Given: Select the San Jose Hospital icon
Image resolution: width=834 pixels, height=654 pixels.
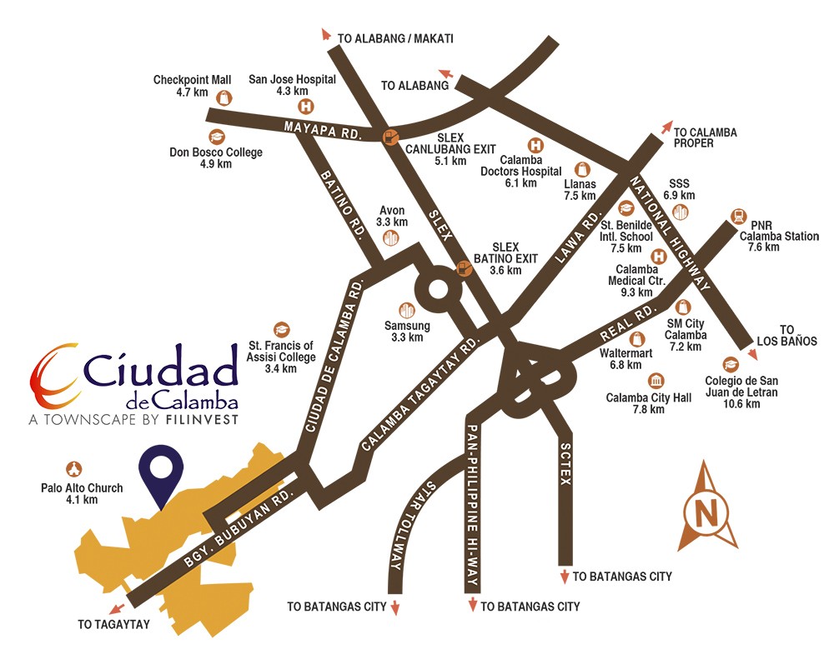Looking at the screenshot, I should [x=305, y=106].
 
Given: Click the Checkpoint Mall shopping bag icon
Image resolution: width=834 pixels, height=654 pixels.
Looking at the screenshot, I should [x=224, y=97].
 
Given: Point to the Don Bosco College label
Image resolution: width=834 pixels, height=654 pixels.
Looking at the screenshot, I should [x=215, y=157].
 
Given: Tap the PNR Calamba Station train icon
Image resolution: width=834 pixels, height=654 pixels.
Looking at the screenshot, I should [x=737, y=216].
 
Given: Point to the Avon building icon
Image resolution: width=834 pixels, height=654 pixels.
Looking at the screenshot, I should [x=390, y=238].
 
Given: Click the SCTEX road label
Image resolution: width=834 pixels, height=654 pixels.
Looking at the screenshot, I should [x=568, y=460].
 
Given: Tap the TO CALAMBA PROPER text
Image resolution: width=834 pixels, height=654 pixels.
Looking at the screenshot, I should [x=705, y=138].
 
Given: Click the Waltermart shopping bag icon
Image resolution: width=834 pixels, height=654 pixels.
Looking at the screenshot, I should [x=639, y=338].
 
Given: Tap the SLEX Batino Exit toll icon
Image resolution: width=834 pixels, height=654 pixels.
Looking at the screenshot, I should [x=465, y=268].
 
